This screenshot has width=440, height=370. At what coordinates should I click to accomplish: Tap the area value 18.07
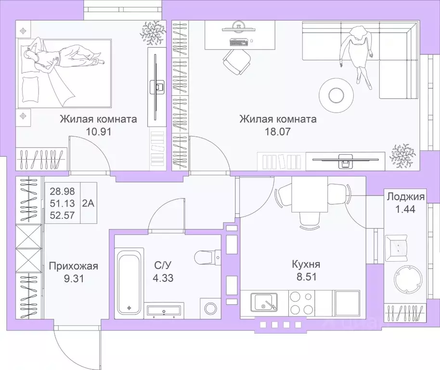[278, 132]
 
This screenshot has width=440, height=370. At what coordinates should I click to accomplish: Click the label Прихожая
[73, 265]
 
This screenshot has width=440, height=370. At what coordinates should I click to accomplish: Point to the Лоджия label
[405, 197]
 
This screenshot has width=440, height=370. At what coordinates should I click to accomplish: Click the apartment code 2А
[89, 203]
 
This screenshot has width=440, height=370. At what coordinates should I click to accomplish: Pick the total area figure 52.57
[63, 215]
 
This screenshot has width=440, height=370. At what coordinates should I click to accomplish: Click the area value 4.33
[164, 278]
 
